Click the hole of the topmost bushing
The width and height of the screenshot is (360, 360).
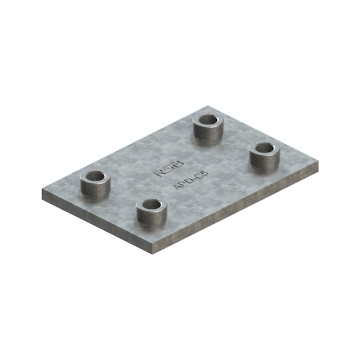[x=208, y=119]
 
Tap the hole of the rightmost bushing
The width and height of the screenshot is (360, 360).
[x=265, y=149]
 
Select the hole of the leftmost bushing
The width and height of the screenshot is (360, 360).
[x=95, y=176]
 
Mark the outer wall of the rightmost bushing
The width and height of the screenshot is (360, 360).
[x=264, y=161]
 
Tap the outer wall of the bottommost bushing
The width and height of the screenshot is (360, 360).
[x=152, y=217]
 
